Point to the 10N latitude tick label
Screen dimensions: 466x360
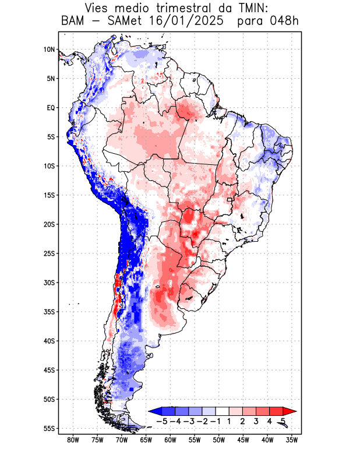[x=49, y=50]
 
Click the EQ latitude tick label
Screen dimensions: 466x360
[x=50, y=108]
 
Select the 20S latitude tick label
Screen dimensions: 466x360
[x=49, y=224]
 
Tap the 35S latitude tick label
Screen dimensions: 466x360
[x=49, y=312]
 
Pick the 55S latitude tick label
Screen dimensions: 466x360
[x=49, y=428]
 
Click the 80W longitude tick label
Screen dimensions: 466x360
[x=73, y=440]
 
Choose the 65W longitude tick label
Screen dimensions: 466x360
[x=146, y=440]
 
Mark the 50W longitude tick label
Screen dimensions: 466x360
[x=219, y=440]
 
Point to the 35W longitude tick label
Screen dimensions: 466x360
[x=292, y=440]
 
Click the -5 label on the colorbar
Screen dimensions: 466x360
[x=162, y=421]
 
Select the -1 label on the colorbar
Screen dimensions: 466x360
[x=216, y=421]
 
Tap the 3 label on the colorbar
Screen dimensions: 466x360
[x=256, y=421]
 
